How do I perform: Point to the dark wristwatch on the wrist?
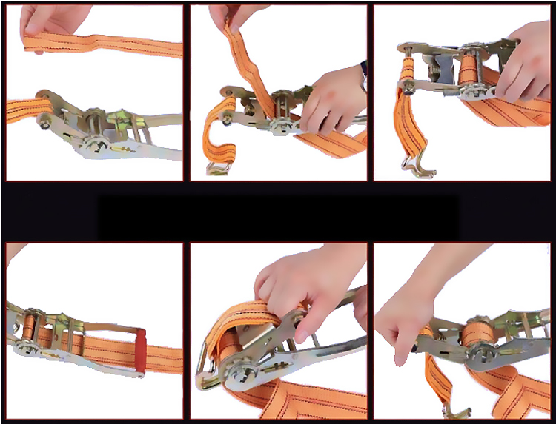pos(364,74)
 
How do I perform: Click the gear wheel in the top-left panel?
pos(95,143)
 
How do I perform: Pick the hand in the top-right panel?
pos(524,63)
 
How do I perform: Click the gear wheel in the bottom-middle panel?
pos(239,374)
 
